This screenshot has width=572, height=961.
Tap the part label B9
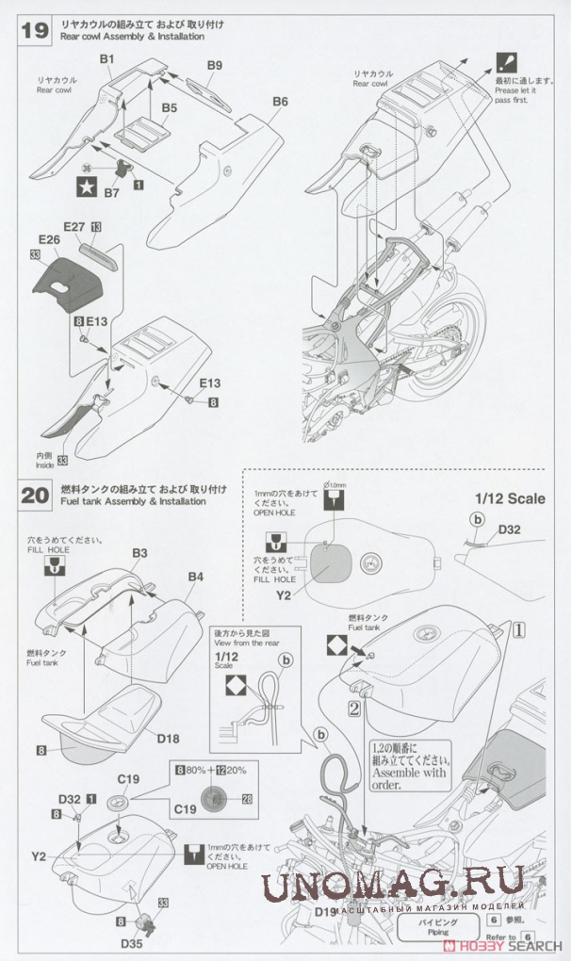(214, 65)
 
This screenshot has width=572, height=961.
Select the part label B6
(279, 101)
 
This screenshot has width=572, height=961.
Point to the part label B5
(169, 108)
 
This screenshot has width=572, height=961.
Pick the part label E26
(49, 240)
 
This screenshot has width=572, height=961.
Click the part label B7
(111, 193)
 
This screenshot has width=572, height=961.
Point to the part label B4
(196, 576)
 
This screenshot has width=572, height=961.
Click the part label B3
(139, 552)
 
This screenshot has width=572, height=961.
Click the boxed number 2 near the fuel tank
(353, 707)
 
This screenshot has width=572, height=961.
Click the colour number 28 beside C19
(248, 798)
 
